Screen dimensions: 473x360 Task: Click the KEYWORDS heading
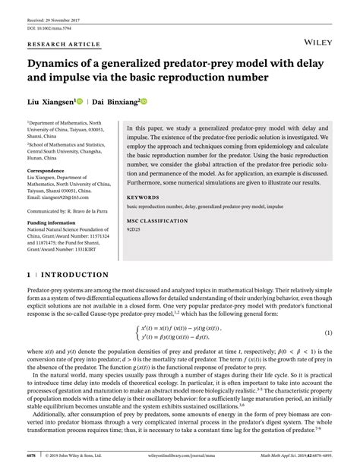click(143, 197)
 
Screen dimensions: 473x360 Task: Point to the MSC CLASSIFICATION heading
click(159, 221)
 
